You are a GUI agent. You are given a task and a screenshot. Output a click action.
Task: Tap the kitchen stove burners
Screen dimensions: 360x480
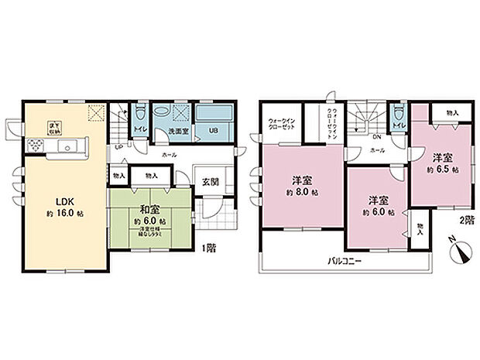click(x=36, y=146)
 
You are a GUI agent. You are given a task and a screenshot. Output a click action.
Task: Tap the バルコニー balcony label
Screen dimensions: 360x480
click(x=343, y=261)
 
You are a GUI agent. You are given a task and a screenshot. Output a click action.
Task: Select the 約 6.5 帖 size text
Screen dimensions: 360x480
click(x=444, y=167)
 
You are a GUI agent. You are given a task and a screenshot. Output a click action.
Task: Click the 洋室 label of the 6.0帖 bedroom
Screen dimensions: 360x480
click(x=378, y=198)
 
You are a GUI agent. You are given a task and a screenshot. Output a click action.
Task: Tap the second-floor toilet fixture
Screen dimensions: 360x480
click(x=397, y=115)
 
